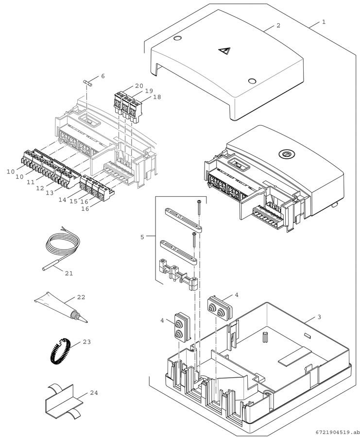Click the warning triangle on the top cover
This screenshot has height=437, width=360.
224,50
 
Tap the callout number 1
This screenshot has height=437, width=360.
324,22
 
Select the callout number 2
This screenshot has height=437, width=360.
278,25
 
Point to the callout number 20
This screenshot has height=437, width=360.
139,86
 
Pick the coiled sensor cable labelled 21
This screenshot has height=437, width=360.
62,249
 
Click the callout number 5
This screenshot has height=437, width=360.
142,237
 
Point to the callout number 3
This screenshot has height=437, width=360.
319,317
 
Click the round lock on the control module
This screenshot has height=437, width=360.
285,153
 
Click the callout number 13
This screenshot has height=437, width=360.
50,193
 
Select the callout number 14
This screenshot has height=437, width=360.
63,200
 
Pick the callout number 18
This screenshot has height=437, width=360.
157,97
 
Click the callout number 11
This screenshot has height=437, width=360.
31,182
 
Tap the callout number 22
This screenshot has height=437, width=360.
81,297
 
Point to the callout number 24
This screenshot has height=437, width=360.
94,393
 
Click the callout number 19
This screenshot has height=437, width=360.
149,91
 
